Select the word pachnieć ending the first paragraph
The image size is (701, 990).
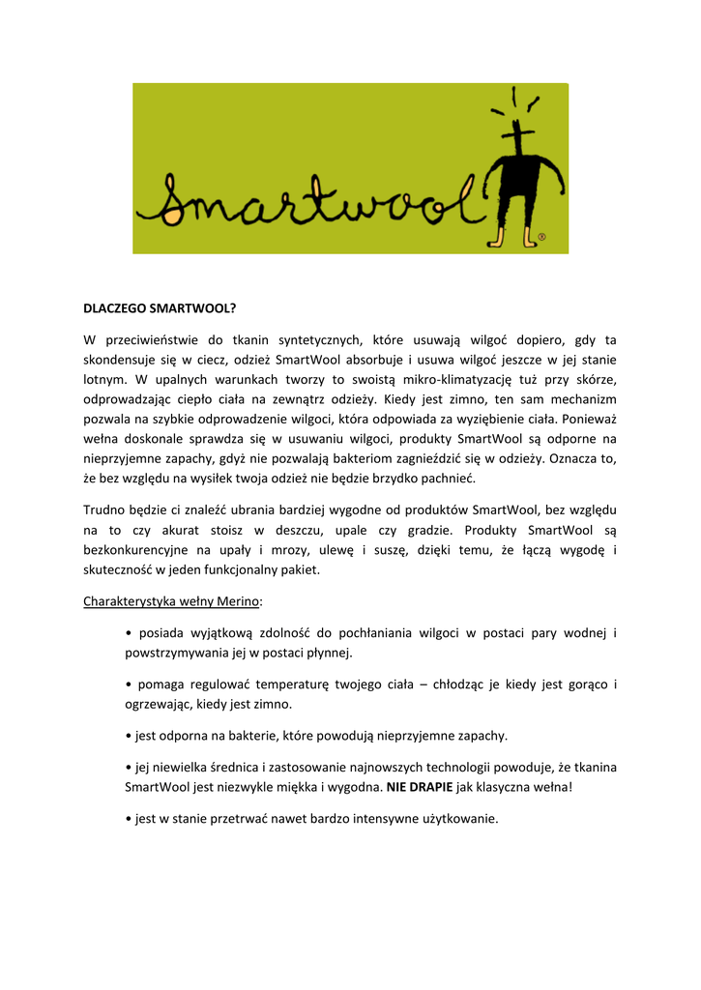click(x=448, y=479)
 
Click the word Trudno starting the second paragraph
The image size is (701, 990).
click(x=103, y=510)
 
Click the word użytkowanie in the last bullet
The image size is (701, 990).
click(x=457, y=819)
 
